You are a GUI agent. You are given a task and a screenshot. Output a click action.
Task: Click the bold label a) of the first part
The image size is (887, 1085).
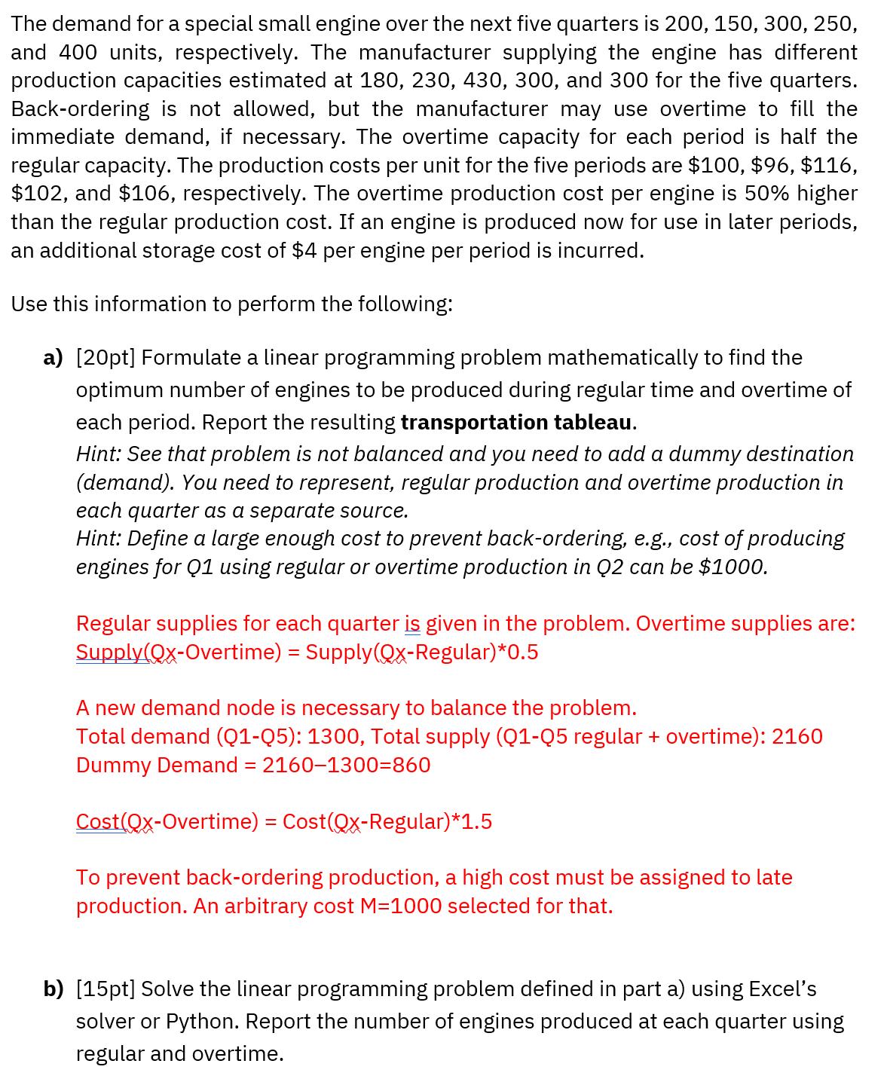click(x=53, y=358)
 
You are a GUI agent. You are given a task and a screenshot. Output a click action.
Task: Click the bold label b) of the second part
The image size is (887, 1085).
click(x=53, y=989)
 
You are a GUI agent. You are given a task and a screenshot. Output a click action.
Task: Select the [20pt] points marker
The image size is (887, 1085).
click(x=106, y=358)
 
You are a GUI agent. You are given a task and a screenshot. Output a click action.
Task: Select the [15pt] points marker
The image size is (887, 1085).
click(x=106, y=989)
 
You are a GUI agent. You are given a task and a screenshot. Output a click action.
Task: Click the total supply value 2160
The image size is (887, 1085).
click(x=797, y=737)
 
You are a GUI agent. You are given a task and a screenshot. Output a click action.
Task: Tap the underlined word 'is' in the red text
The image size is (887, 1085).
click(x=412, y=624)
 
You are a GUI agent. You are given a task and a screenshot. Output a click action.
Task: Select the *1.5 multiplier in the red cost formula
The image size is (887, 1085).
click(x=472, y=822)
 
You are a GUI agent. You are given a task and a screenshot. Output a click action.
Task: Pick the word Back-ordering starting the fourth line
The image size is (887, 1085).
click(x=80, y=109)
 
